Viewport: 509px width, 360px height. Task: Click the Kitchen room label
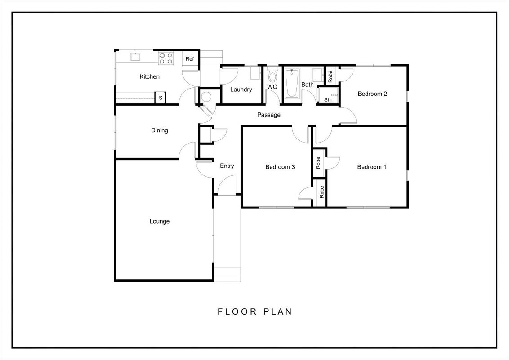(x=149, y=76)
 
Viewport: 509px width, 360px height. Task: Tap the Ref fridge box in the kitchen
(x=190, y=59)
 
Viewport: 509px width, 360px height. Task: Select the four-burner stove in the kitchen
(x=166, y=58)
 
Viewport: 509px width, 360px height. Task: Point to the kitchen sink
(x=135, y=57)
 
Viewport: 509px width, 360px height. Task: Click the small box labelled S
(x=161, y=98)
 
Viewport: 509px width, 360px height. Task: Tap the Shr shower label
(x=328, y=100)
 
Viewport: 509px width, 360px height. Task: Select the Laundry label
(x=241, y=90)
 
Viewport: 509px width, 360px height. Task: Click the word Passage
(x=269, y=115)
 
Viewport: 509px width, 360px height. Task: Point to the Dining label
(x=159, y=130)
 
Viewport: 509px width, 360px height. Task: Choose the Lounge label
(x=159, y=221)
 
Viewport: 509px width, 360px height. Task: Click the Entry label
(x=227, y=166)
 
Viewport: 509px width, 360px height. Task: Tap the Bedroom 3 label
(x=280, y=167)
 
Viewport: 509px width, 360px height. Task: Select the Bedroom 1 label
(x=372, y=167)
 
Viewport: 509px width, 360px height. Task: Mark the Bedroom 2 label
(x=372, y=94)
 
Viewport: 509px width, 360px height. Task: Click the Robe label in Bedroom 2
(x=330, y=76)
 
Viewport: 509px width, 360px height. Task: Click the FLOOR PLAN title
(x=255, y=311)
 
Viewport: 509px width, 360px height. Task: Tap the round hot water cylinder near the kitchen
(x=206, y=97)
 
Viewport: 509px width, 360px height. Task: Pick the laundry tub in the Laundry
(x=255, y=73)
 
